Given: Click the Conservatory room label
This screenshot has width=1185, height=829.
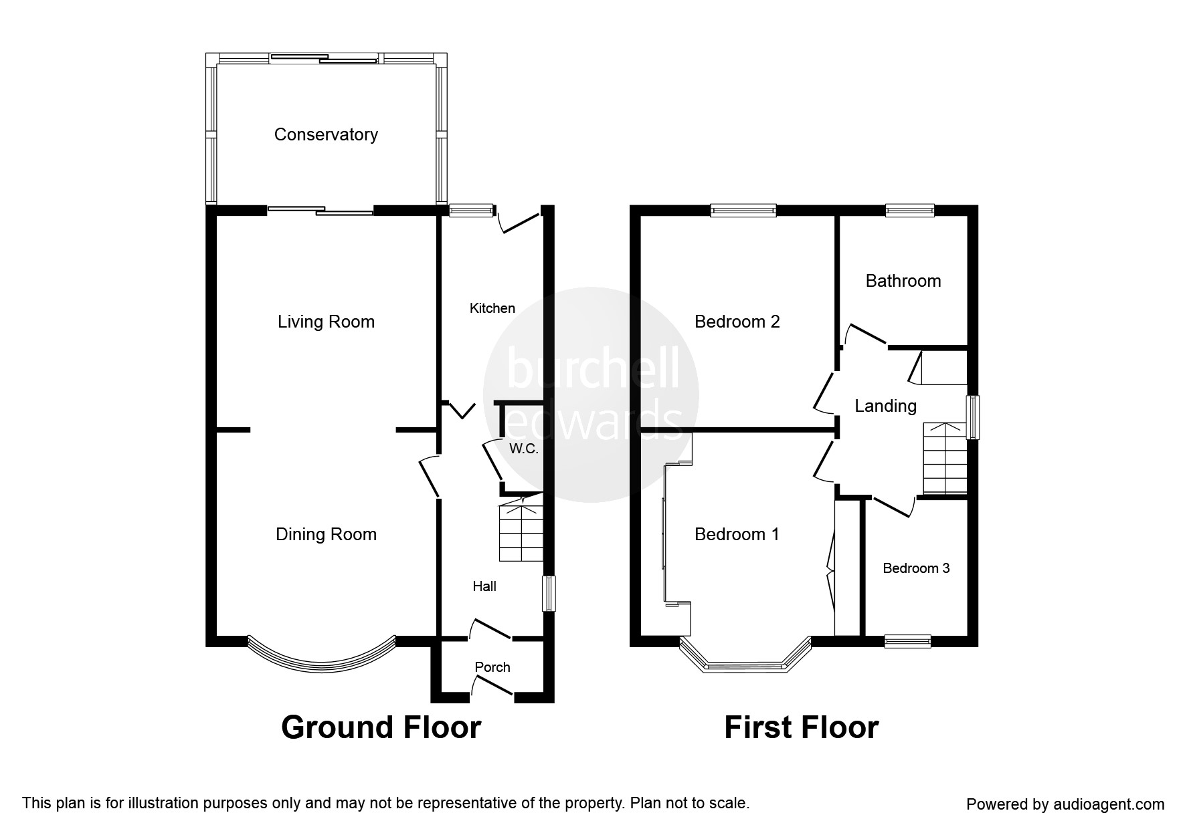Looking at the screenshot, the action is (x=326, y=135).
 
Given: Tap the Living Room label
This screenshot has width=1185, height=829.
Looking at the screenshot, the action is (x=326, y=322).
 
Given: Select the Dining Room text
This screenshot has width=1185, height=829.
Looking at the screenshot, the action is (x=326, y=534).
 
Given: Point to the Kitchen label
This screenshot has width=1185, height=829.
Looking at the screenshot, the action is (x=492, y=308).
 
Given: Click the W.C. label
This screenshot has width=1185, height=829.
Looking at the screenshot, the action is (x=524, y=449).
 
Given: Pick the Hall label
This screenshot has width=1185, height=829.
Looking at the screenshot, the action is (x=484, y=586).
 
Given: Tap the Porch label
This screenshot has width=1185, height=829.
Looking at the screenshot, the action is (x=492, y=667).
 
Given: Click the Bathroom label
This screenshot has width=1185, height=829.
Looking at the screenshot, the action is (x=903, y=281).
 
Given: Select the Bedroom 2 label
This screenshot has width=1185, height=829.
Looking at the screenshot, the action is (x=737, y=322).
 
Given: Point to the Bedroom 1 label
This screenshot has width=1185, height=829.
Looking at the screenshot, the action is (x=737, y=534).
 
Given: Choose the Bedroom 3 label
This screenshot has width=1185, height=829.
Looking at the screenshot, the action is (x=916, y=568).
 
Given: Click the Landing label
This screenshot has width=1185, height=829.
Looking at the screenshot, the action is (x=886, y=406).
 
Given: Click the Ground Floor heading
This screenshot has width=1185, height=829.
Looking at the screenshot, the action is (x=381, y=727).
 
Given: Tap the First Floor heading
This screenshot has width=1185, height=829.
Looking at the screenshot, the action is (x=801, y=727).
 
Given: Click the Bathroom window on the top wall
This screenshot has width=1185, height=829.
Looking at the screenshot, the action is (x=910, y=211).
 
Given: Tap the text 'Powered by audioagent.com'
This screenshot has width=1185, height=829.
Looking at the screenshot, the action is (x=1065, y=804).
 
